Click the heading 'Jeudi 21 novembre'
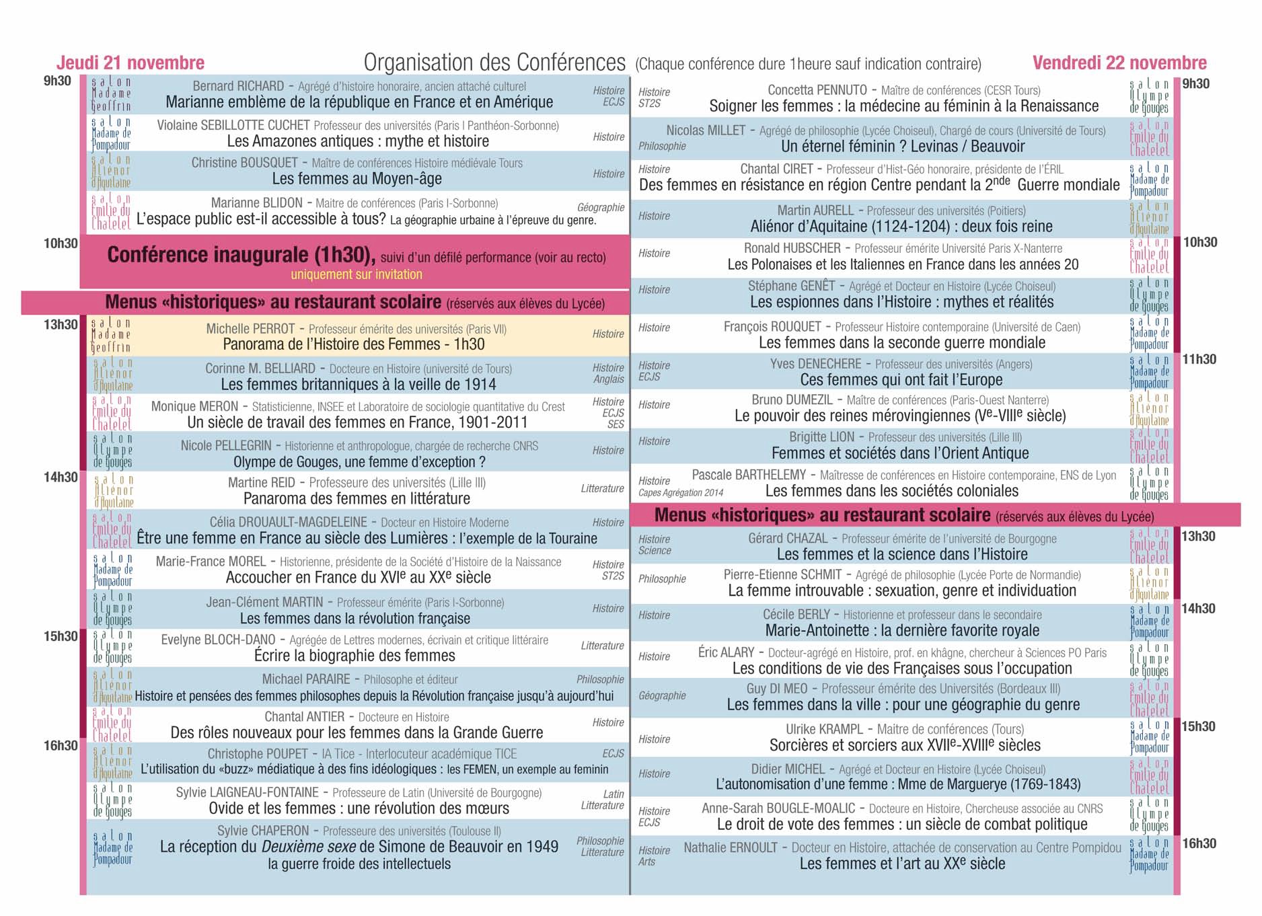[131, 63]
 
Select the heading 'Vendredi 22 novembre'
[1119, 63]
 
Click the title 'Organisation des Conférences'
[494, 63]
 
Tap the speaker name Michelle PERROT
[250, 329]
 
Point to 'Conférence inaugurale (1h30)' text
[240, 255]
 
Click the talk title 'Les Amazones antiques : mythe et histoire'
[358, 141]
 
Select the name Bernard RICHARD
[238, 86]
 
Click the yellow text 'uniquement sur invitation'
[357, 274]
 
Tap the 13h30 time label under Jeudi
[61, 325]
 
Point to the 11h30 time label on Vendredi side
[1199, 360]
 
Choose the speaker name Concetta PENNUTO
[817, 90]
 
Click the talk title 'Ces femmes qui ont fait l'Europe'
[901, 380]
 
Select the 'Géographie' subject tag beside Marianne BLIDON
[601, 208]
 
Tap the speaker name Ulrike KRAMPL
[824, 729]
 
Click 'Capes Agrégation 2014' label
[681, 493]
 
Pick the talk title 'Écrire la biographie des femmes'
[355, 656]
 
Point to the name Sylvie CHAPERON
[263, 831]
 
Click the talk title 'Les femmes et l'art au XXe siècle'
[902, 864]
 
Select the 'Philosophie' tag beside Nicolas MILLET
[662, 147]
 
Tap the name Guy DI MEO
[776, 689]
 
